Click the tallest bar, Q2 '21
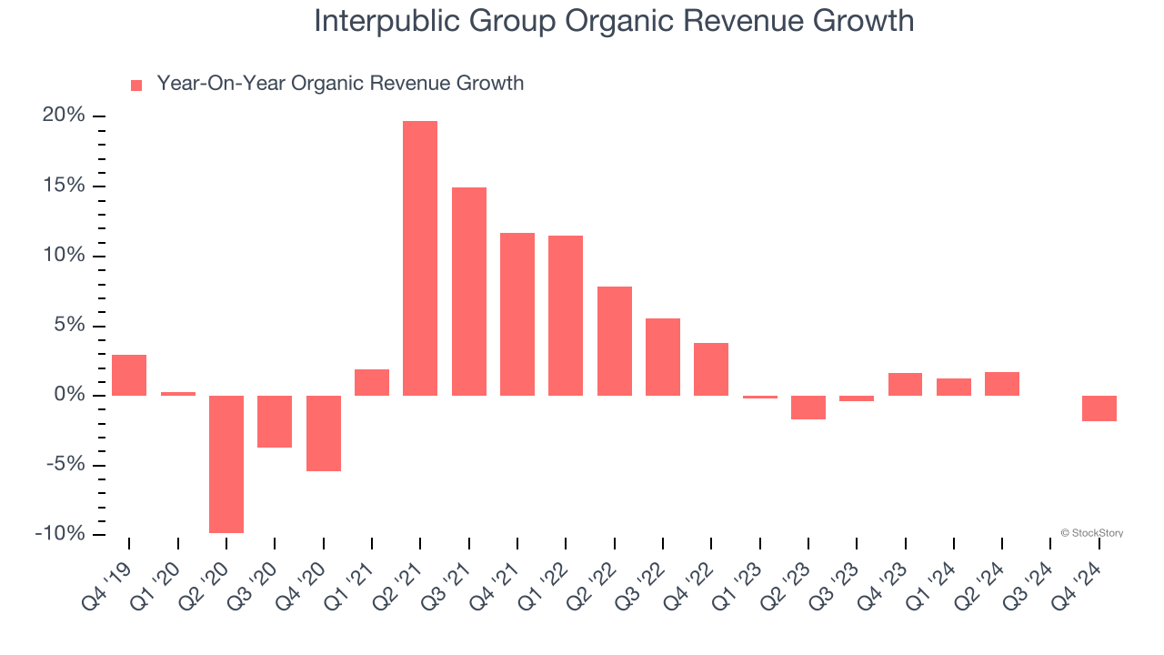420,258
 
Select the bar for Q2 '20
226,464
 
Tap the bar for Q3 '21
468,291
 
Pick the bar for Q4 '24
1099,408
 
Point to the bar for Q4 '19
129,375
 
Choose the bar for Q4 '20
323,433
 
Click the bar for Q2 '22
614,341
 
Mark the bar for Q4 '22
711,369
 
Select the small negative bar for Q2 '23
808,408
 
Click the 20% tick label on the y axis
64,116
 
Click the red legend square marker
136,86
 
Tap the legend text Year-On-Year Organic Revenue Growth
340,84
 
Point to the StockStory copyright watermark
1091,533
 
